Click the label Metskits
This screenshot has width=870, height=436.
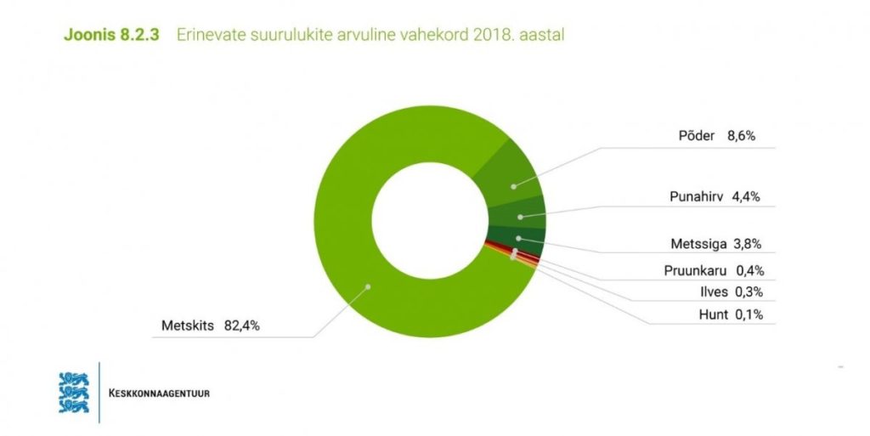pyautogui.click(x=189, y=325)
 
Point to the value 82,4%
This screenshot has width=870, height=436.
pyautogui.click(x=242, y=325)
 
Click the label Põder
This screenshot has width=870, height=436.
pyautogui.click(x=697, y=136)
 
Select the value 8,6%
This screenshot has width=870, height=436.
pyautogui.click(x=743, y=136)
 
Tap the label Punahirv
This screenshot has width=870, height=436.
pyautogui.click(x=695, y=198)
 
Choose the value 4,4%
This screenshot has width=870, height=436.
pyautogui.click(x=745, y=198)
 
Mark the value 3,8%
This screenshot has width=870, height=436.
pyautogui.click(x=748, y=244)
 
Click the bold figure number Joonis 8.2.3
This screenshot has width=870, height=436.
pyautogui.click(x=112, y=35)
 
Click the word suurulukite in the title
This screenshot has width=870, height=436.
pyautogui.click(x=280, y=35)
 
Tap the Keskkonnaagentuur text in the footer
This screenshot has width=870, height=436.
pyautogui.click(x=159, y=394)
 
